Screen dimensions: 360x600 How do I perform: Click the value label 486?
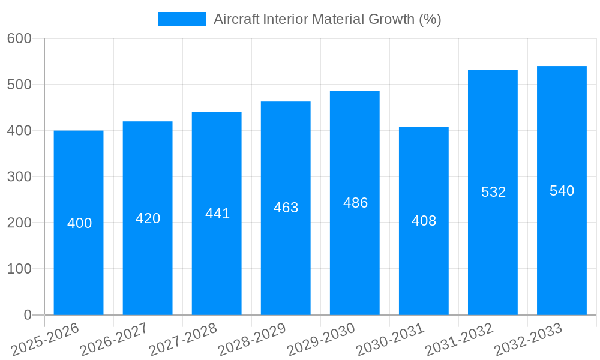pos(355,203)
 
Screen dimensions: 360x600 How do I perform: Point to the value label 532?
pos(493,192)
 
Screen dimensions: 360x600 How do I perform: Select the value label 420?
pos(148,218)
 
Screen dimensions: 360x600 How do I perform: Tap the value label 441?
pos(217,214)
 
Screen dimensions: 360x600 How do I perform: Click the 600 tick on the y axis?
pos(19,38)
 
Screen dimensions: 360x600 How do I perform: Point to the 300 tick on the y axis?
pos(19,177)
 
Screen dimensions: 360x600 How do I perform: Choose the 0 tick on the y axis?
pos(28,315)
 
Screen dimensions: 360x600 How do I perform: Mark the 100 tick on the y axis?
pos(19,269)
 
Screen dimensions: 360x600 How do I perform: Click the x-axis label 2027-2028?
pos(183,340)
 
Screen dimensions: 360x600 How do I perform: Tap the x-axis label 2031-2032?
pos(459,340)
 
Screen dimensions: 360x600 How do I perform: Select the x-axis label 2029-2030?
pos(321,340)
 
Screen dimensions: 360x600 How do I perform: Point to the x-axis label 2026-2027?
pos(114,340)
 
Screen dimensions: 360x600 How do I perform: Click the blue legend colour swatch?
pos(182,19)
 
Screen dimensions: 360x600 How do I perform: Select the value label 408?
pos(424,221)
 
